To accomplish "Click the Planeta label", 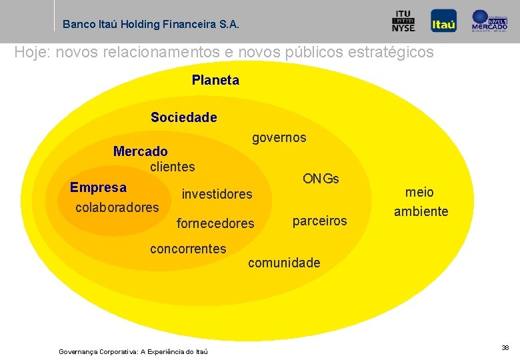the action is tap(215, 80).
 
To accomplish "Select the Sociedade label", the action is tap(184, 117).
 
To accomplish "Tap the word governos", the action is tap(279, 138).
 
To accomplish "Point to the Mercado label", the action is tap(141, 151).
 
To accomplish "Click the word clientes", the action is tap(173, 166).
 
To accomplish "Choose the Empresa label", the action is tap(98, 187).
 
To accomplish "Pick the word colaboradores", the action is tap(117, 207).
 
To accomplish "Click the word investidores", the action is tap(217, 194).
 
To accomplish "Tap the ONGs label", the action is tap(321, 179).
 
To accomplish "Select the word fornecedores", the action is tap(215, 223).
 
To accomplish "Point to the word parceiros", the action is tap(320, 221).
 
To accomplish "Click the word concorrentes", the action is tap(188, 249).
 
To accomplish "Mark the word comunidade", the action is tap(284, 263).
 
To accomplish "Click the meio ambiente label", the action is tap(421, 202).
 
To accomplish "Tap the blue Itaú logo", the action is tap(443, 21).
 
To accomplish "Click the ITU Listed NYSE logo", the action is tap(403, 21).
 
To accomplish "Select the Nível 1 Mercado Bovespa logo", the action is tap(490, 21).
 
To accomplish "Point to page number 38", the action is tap(505, 347).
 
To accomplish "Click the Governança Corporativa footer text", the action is tap(133, 351).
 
